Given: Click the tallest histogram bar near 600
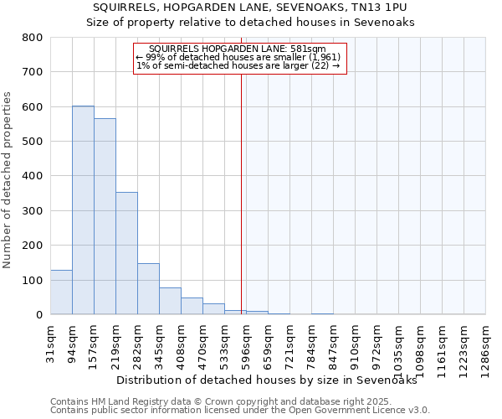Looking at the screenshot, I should coord(83,209).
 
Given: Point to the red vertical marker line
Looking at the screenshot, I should coord(241,193).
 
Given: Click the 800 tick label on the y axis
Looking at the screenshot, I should coord(33,38).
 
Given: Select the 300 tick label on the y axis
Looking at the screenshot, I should coord(33,211).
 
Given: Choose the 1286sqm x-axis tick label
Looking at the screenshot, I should coord(486,348).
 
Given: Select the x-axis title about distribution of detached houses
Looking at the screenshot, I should coord(266,380).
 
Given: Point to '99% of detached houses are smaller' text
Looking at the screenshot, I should coord(238,57).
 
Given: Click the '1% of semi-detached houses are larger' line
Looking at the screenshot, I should coord(238,65).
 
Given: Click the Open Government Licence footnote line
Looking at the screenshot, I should coord(240,410).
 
